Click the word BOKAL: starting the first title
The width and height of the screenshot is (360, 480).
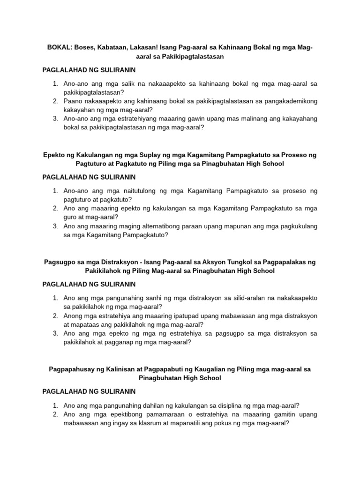pyautogui.click(x=58, y=47)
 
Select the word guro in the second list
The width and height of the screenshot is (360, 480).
pyautogui.click(x=71, y=217)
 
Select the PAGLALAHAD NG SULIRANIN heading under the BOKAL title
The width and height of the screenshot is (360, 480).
pyautogui.click(x=89, y=70)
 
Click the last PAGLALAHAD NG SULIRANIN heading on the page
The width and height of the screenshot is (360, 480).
pyautogui.click(x=89, y=391)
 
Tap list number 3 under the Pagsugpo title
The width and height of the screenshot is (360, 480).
pyautogui.click(x=55, y=333)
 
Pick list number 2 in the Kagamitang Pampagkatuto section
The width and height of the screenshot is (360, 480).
pyautogui.click(x=55, y=209)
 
